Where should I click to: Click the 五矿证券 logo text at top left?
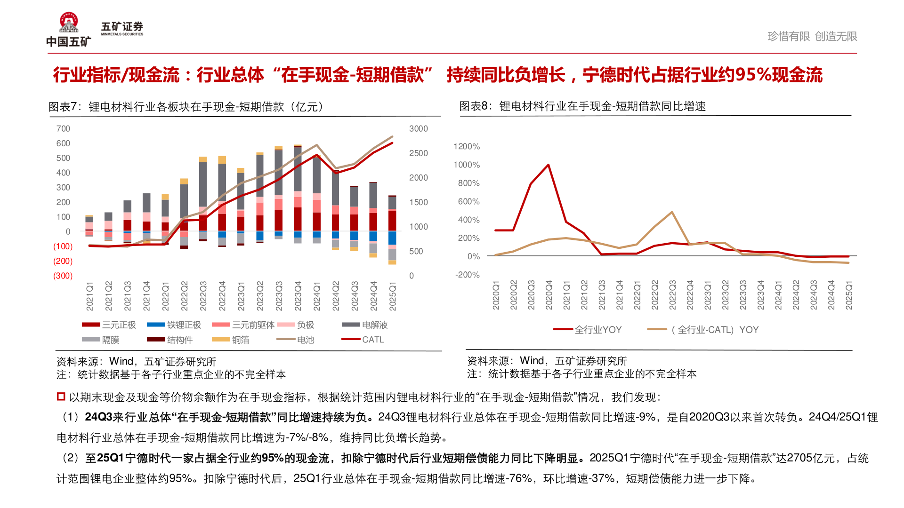(122, 28)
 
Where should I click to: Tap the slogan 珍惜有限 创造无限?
(812, 36)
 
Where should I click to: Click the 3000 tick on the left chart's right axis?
(418, 128)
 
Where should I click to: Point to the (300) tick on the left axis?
(63, 276)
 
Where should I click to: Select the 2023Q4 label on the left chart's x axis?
(298, 296)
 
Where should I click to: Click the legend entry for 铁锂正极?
(174, 325)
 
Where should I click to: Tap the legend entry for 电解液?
(365, 325)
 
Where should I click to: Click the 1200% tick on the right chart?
(466, 146)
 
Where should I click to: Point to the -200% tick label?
(467, 275)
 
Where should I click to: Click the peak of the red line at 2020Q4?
(549, 165)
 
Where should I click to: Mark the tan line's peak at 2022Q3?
(672, 212)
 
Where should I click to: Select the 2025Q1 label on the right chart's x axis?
(849, 295)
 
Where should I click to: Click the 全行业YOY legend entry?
(588, 330)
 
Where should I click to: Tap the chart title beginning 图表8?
(582, 106)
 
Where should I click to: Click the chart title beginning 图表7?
(186, 107)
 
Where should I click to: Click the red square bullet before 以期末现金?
(61, 397)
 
